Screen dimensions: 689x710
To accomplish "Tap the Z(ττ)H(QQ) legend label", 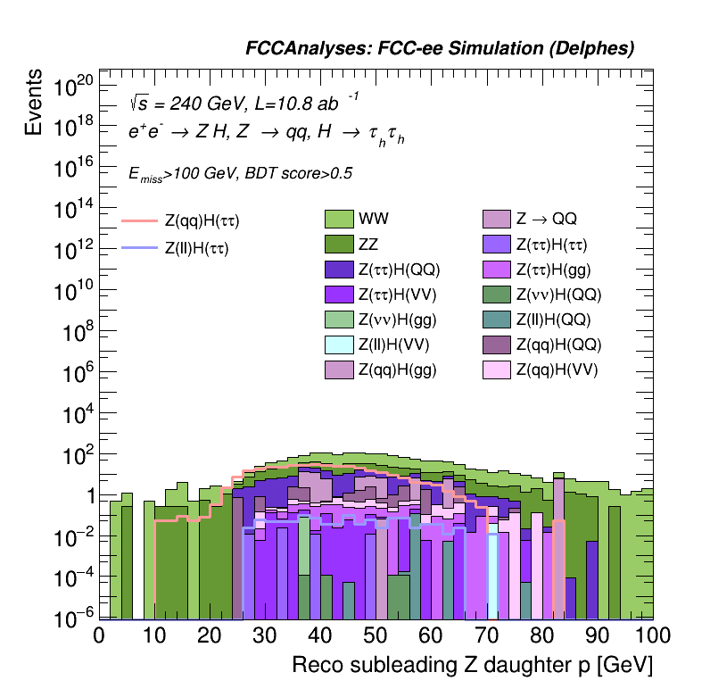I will [400, 269].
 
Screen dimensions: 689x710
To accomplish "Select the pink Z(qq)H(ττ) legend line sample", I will [138, 220].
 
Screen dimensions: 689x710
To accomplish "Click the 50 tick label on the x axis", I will [376, 635].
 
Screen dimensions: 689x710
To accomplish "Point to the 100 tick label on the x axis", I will [650, 635].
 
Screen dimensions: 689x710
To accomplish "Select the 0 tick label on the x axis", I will [99, 635].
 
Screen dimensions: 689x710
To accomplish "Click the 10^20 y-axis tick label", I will [73, 87].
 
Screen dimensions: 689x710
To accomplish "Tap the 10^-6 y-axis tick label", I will [73, 618].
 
